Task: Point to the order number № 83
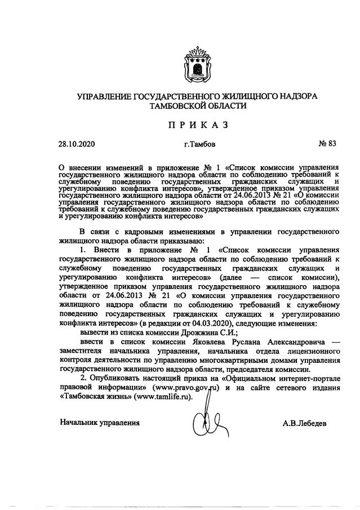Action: click(x=327, y=144)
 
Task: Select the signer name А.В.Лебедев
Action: click(x=305, y=423)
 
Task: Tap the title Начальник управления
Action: click(x=100, y=422)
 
